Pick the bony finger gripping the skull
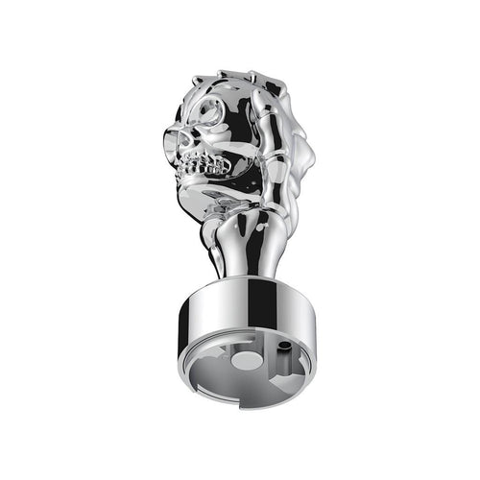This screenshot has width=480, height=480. pos(252,144)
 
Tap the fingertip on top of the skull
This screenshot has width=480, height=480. pos(252,79)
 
